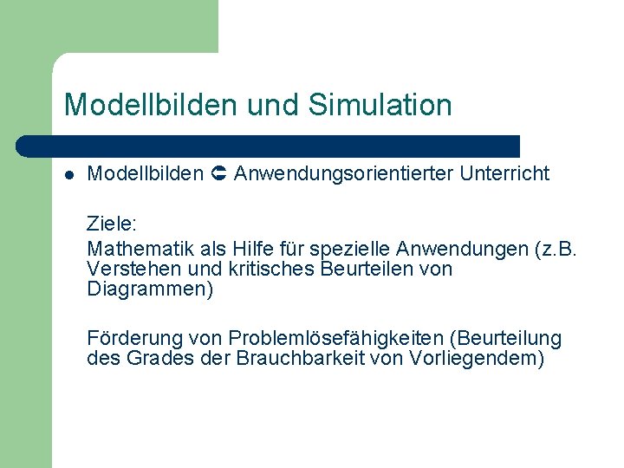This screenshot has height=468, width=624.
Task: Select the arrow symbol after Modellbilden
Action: [218, 174]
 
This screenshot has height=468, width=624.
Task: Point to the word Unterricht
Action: [504, 174]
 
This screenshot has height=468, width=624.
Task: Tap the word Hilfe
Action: [252, 250]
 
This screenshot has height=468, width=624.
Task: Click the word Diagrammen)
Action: [150, 289]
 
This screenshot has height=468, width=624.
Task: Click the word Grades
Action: [153, 358]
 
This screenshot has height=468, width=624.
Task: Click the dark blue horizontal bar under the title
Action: [269, 146]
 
